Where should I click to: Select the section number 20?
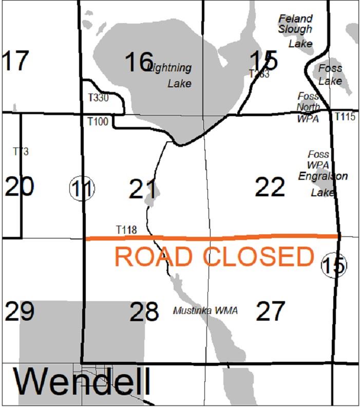pos(20,187)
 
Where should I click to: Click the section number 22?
pos(270,187)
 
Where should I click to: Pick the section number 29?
pos(20,311)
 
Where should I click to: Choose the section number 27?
pos(270,311)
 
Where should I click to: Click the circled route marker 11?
pos(82,189)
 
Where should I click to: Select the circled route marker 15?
pos(334,266)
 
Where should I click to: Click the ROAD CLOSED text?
pos(214,256)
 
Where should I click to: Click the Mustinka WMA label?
pos(205,311)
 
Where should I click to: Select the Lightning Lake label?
pos(170,75)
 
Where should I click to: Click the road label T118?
pos(126,230)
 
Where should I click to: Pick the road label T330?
pos(98,98)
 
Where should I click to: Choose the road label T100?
pos(97,122)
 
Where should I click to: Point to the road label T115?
pos(345,117)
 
